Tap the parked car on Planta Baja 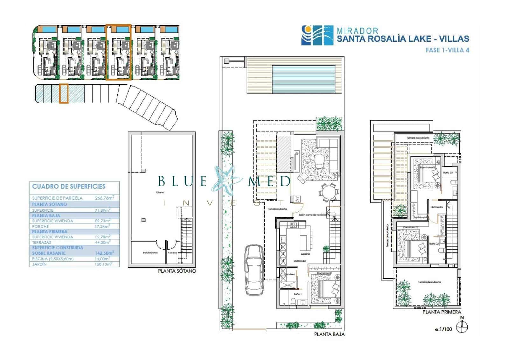(254, 270)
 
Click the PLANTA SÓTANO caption (177, 271)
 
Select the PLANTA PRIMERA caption (442, 312)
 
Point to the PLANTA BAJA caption (329, 334)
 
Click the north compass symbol (462, 327)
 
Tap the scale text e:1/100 (443, 329)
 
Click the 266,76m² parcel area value (102, 198)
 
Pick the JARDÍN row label (39, 264)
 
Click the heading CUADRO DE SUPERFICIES (69, 187)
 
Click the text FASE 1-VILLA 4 (447, 50)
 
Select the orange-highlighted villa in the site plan (119, 52)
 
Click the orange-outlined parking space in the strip (64, 94)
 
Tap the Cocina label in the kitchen (305, 254)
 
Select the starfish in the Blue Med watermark (227, 181)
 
